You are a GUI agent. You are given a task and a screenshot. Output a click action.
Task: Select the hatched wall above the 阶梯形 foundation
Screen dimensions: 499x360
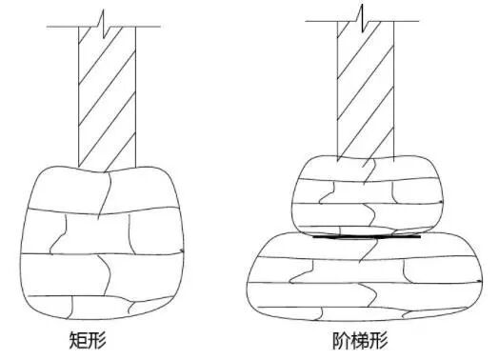click(x=367, y=90)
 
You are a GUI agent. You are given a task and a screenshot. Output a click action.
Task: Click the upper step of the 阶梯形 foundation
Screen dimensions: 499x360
click(x=367, y=195)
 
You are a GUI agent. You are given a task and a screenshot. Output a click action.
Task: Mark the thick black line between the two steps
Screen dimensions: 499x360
click(x=367, y=237)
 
